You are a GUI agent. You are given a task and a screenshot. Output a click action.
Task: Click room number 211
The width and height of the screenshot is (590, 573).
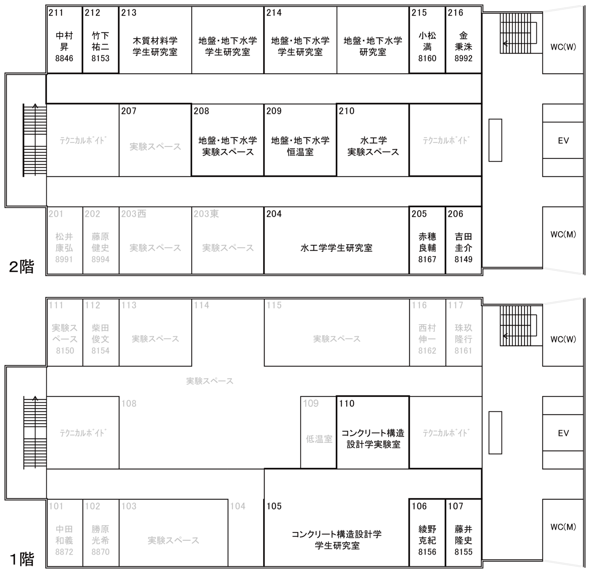56,13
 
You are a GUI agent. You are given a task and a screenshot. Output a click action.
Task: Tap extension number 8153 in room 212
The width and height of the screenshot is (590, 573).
100,58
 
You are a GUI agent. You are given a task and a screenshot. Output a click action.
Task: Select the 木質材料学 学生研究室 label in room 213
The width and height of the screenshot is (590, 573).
155,46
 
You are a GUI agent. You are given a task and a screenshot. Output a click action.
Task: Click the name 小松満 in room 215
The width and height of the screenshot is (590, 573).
427,41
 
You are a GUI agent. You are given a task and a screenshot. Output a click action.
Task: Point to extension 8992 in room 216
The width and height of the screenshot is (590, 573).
463,58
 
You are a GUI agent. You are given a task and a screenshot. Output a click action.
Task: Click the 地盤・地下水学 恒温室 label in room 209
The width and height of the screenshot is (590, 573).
300,146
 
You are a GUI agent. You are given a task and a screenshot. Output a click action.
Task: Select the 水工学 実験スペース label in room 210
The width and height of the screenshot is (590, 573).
373,146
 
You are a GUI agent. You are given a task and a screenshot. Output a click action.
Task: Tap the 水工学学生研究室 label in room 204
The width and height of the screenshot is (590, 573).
336,248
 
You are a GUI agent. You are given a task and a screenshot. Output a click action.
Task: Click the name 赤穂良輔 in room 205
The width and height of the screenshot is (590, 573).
427,242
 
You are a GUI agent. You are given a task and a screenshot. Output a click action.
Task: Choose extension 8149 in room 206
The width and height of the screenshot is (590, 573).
463,259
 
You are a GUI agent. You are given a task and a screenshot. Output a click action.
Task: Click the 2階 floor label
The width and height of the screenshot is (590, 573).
21,267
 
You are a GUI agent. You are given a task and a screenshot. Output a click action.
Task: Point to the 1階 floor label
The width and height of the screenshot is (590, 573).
22,559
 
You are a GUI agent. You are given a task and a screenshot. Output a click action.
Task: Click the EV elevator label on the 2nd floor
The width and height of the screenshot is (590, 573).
563,140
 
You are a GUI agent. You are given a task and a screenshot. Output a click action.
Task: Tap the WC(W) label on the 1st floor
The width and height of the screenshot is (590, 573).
563,339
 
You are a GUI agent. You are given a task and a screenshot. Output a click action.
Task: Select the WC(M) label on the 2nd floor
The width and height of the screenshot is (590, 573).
563,235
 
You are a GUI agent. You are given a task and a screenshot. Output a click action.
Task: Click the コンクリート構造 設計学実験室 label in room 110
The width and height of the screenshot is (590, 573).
373,439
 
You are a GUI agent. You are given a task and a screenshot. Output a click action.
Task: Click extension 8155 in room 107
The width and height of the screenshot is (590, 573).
463,552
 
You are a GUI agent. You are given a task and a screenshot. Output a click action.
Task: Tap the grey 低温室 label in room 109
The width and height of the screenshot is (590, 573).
319,439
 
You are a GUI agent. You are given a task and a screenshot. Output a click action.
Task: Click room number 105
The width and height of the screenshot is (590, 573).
274,506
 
